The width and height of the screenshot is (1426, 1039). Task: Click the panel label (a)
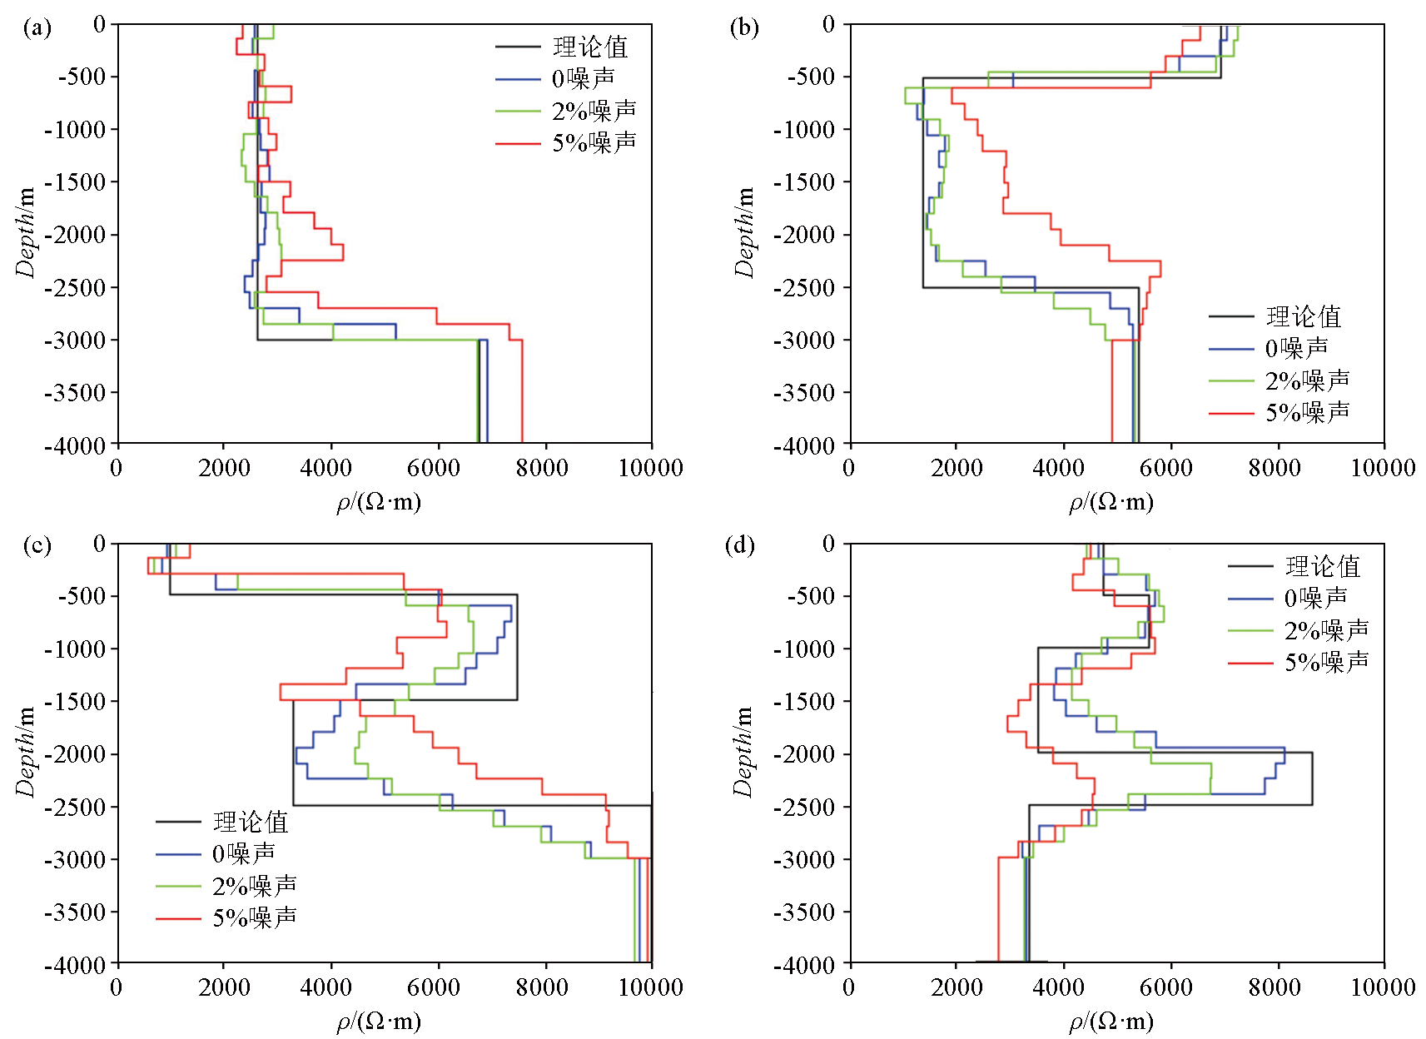pos(37,28)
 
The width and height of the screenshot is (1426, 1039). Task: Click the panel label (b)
pos(743,28)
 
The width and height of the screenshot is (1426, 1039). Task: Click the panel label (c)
pos(37,546)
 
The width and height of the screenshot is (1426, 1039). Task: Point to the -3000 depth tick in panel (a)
pos(76,341)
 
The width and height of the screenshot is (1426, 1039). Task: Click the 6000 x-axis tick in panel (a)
pos(436,469)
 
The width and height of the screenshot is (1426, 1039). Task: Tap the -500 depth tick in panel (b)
pos(803,77)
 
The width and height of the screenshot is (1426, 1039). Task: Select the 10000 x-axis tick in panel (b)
pos(1383,469)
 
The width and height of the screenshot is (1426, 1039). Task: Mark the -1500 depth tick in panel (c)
pos(76,702)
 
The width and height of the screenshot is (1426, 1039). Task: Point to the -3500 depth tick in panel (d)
pos(803,912)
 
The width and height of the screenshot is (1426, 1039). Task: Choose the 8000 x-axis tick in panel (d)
pos(1274,988)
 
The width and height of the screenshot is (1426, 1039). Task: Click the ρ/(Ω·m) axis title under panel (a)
pos(379,502)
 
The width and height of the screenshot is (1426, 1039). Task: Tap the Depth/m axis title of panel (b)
pos(743,232)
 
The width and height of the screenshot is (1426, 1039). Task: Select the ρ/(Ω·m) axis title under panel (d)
pos(1111,1022)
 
